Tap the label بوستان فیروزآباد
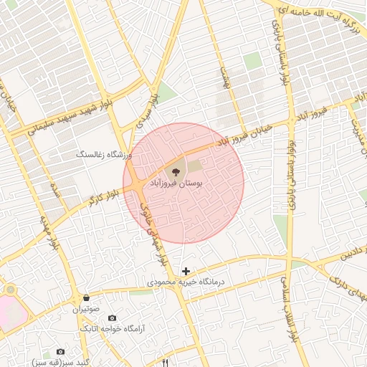[x=176, y=184]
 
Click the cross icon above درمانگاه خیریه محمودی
[x=186, y=270]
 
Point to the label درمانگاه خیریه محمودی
[x=186, y=282]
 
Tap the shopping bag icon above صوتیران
[x=86, y=297]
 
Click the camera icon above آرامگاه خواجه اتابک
[x=112, y=318]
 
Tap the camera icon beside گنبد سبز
[x=60, y=352]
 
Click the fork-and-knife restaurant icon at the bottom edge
[x=166, y=363]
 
